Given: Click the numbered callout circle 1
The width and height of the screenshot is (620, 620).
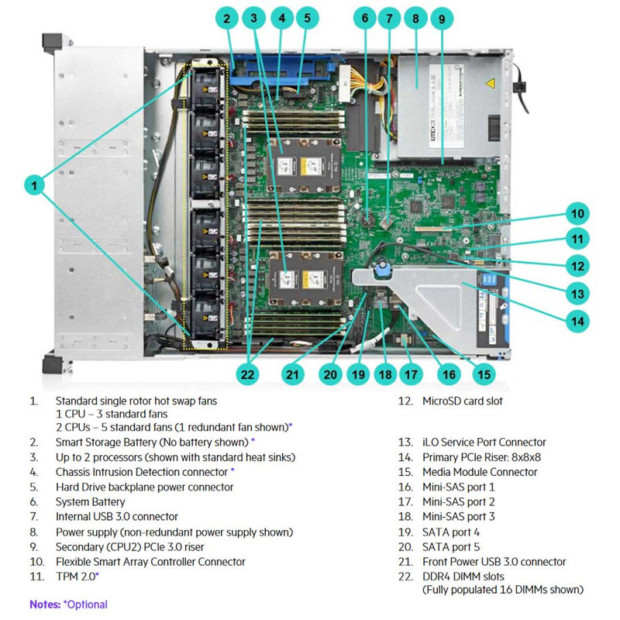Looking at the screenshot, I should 34,184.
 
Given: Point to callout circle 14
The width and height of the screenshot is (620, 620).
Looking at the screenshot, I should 577,318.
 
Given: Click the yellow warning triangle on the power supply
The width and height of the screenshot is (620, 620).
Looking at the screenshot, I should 491,84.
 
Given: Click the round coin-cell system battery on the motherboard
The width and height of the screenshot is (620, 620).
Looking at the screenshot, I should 374,219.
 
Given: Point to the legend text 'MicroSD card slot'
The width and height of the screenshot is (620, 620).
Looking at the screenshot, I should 462,401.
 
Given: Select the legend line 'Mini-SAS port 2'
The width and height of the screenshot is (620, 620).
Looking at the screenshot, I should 458,501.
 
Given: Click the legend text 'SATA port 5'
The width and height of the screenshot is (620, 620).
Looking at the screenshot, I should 450,546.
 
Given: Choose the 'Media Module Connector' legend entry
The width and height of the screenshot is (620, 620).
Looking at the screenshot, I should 479,472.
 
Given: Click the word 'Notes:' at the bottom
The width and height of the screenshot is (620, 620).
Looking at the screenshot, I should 45,604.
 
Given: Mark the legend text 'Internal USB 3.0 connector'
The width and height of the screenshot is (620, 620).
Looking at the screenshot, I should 116,516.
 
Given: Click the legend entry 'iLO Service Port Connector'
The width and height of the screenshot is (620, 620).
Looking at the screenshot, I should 484,442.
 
